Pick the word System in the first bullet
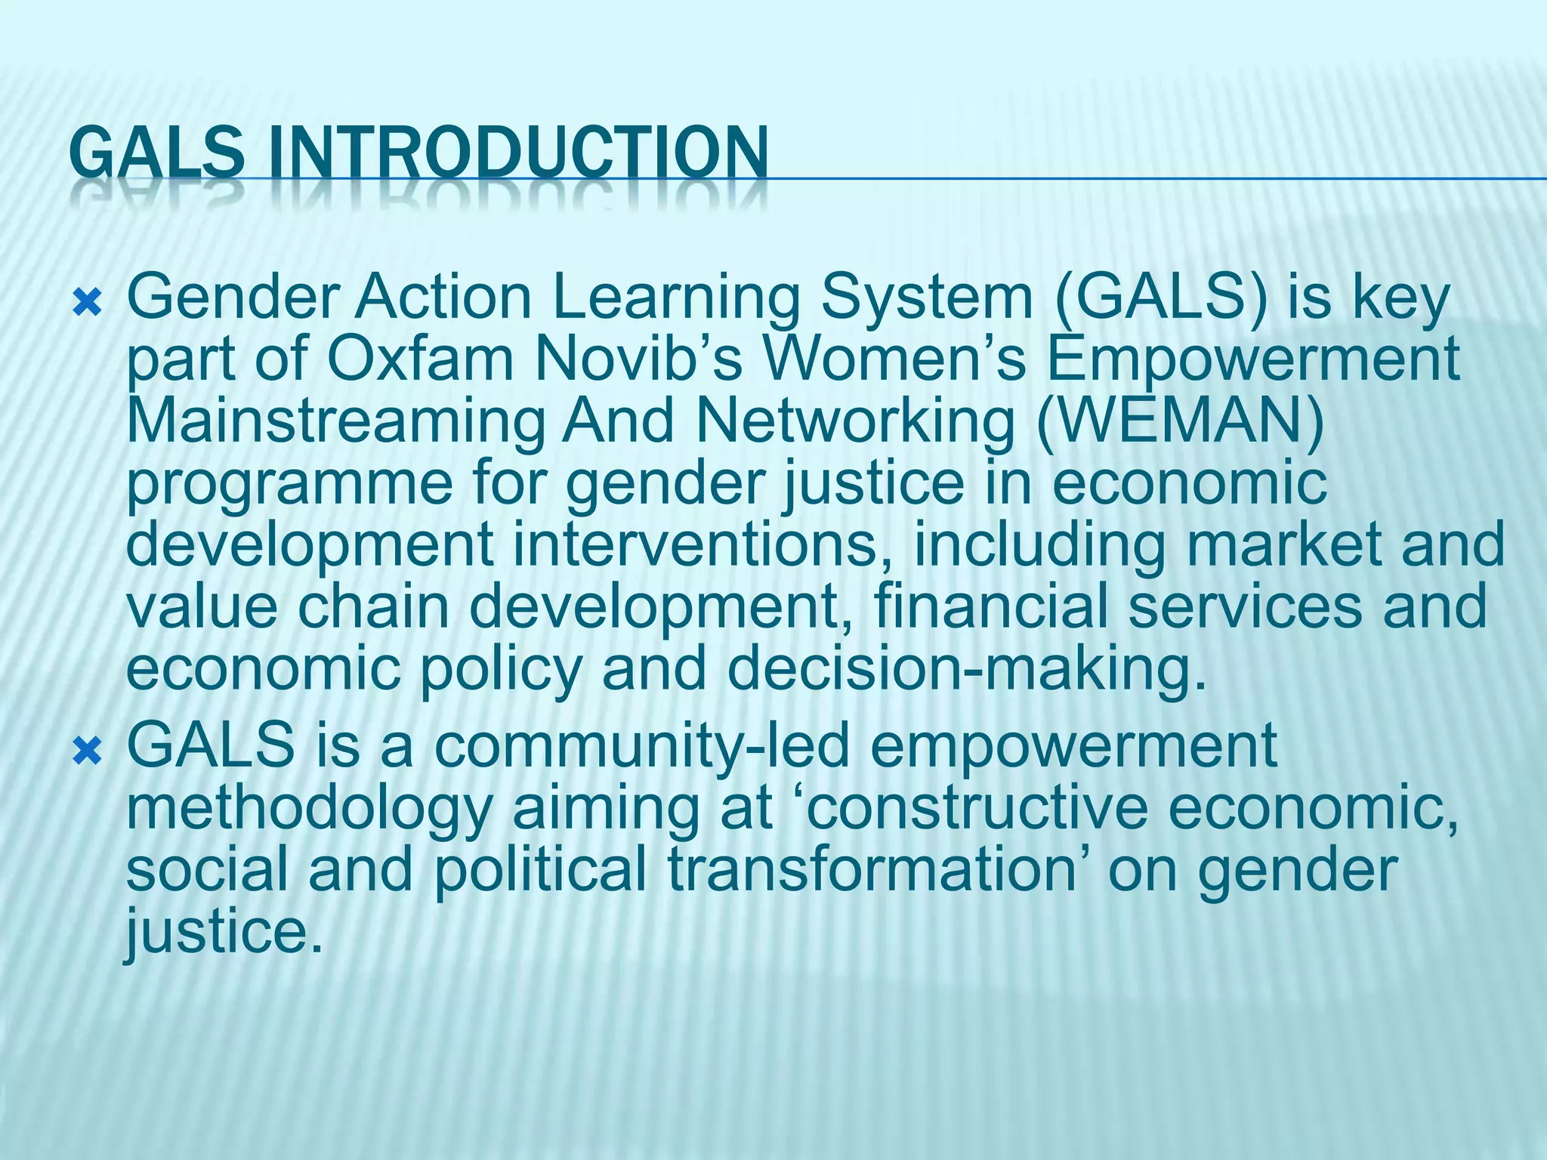pos(927,298)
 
